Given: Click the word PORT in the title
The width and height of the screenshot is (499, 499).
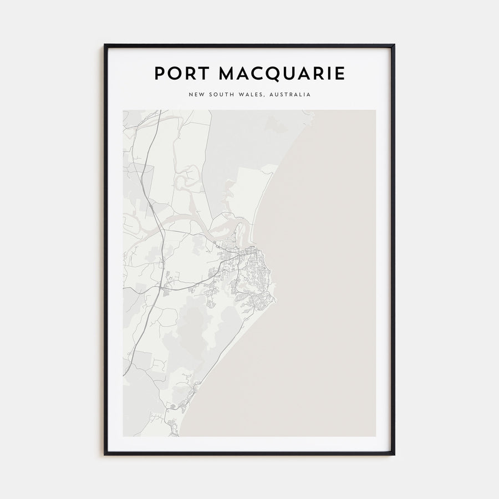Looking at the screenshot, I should [179, 74].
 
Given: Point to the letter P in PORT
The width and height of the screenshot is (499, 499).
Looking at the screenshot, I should [160, 74].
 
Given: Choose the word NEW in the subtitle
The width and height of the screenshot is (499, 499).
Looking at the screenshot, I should [196, 95].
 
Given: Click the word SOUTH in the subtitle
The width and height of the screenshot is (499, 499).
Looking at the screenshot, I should [221, 95].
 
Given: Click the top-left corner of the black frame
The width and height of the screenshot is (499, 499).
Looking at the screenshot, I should [105, 45].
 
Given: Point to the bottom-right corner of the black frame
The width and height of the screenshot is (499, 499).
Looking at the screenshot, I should [394, 455].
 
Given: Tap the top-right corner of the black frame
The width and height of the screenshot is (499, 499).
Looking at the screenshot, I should [394, 45].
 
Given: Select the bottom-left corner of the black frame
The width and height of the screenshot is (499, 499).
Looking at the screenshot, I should [105, 455].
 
